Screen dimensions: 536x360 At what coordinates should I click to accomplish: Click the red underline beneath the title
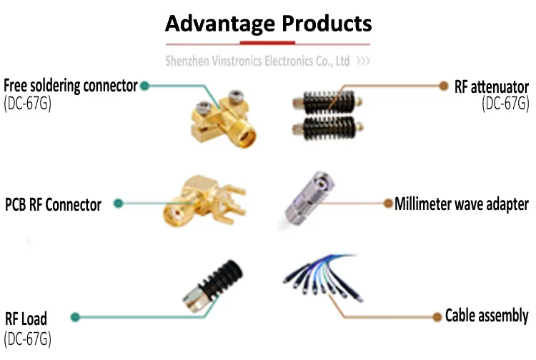click(268, 44)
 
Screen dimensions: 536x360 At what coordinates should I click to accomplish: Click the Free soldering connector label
click(70, 86)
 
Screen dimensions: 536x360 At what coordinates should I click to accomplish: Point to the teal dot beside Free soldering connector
click(145, 86)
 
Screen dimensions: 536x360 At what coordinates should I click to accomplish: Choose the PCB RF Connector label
click(53, 205)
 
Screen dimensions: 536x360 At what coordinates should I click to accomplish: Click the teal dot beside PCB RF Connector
click(119, 204)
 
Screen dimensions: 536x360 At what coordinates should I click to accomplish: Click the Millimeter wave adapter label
click(461, 204)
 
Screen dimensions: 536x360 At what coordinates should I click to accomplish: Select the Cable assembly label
click(486, 316)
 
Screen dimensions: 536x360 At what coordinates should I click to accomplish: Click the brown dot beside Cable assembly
click(435, 315)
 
